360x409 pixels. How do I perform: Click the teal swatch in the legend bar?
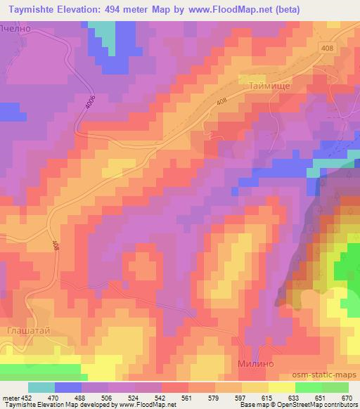[41, 387]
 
